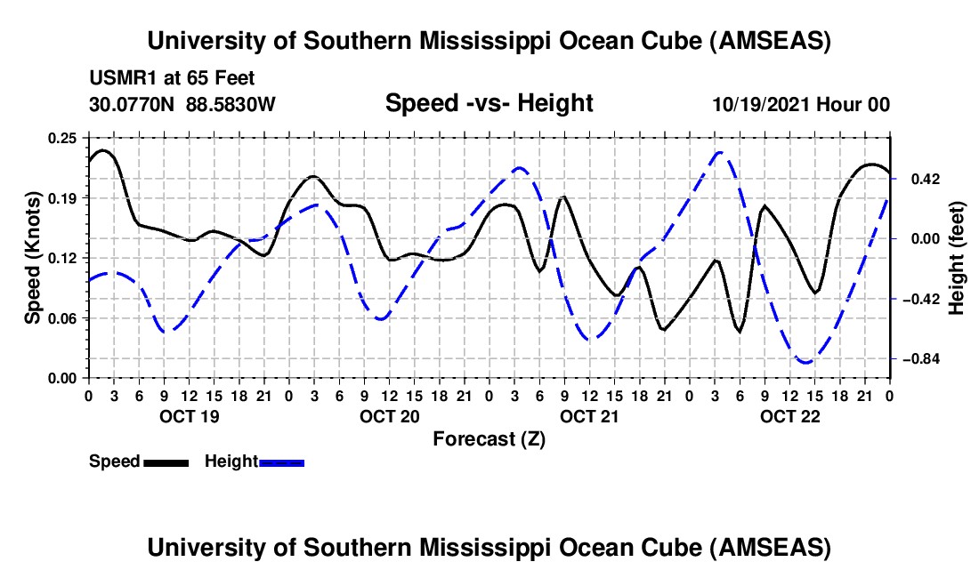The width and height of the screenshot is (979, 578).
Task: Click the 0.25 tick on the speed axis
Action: coord(63,138)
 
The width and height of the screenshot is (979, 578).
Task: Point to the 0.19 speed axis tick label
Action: coord(63,197)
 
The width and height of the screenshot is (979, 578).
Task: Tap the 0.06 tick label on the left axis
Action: coord(63,317)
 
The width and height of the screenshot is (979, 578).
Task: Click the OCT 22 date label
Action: coord(789,416)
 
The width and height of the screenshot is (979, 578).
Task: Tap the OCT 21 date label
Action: coord(589,416)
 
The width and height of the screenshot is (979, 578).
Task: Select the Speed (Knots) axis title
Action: coord(32,258)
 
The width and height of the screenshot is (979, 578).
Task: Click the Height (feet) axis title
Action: coord(957,258)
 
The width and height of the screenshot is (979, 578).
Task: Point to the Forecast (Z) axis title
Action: coord(489,438)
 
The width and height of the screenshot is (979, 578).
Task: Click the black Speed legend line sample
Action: coord(165,462)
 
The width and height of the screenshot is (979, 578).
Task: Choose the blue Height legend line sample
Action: coord(282,462)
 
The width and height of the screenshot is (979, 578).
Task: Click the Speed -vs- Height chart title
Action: coord(489,103)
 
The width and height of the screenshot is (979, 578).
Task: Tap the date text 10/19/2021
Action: coord(762,104)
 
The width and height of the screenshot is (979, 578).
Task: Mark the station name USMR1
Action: coord(119,78)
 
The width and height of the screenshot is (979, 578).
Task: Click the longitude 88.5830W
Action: coord(231,104)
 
